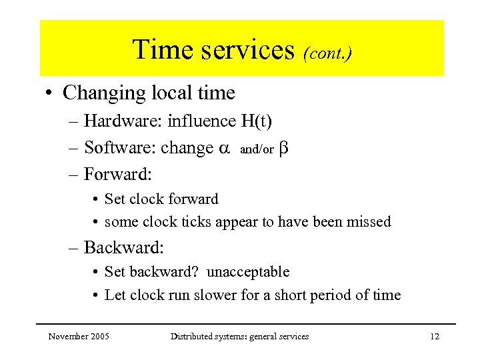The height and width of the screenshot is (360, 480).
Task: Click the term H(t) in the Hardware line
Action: (x=257, y=121)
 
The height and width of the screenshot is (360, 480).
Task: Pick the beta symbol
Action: (x=283, y=148)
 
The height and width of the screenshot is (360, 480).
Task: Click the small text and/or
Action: (x=257, y=150)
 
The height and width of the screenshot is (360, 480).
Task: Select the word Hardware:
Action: (x=123, y=121)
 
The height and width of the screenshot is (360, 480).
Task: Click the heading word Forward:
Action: (x=117, y=175)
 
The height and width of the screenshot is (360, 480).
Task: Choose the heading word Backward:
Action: (x=123, y=248)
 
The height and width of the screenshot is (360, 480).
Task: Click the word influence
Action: (x=202, y=121)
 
